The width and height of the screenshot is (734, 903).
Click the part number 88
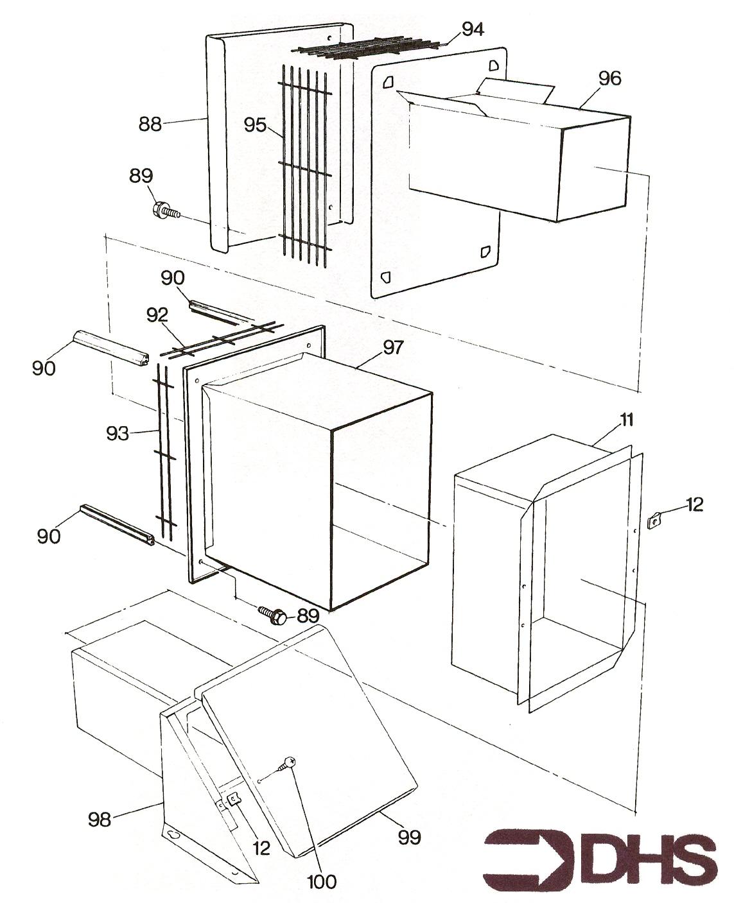tap(150, 124)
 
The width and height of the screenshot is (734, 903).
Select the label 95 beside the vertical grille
tap(255, 125)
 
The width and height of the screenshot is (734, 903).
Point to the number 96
tap(609, 78)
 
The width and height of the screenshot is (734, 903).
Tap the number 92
tap(157, 314)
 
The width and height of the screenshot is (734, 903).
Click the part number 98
tap(100, 818)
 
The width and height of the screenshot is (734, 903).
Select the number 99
tap(409, 837)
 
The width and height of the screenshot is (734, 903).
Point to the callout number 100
tap(322, 882)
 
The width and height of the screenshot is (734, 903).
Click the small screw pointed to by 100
tap(287, 764)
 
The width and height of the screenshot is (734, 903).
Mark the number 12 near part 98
tap(261, 847)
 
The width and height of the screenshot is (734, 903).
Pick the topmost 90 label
tap(172, 278)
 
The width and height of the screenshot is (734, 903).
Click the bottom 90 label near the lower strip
tap(49, 535)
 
